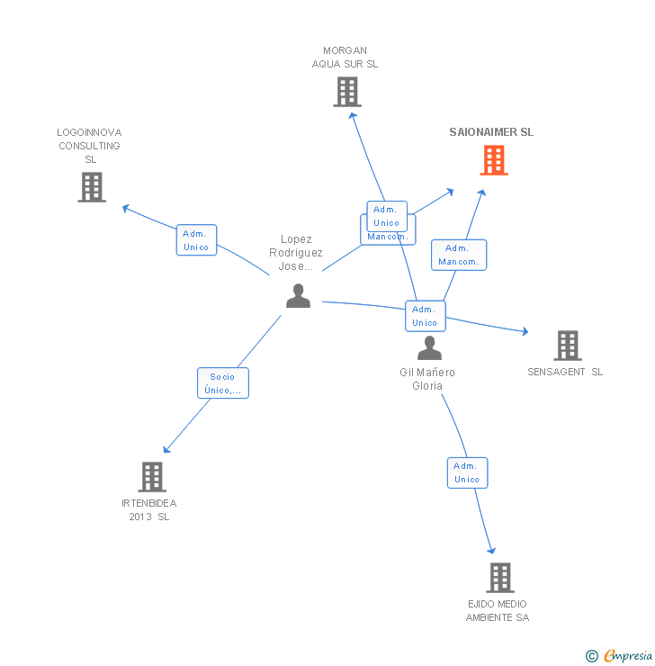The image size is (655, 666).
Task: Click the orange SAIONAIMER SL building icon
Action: (x=493, y=160)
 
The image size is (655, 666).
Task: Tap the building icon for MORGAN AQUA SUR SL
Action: (x=347, y=92)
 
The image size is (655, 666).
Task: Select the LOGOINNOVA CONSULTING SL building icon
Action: (x=92, y=187)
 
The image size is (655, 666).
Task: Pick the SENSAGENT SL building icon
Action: (x=567, y=346)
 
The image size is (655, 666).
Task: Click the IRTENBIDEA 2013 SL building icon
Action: (x=152, y=477)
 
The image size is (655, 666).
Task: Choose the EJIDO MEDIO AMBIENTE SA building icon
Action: (x=499, y=578)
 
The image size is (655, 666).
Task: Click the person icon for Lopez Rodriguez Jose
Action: (x=298, y=295)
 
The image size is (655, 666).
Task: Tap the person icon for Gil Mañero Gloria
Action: (x=430, y=348)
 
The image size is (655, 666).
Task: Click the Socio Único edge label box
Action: (x=223, y=383)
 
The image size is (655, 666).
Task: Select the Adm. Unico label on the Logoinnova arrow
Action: (x=196, y=240)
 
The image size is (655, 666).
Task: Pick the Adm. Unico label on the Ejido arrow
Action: (x=467, y=472)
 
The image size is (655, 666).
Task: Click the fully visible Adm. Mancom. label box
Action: (x=459, y=255)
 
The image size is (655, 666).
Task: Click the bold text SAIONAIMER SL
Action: (x=491, y=132)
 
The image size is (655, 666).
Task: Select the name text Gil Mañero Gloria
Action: (x=427, y=379)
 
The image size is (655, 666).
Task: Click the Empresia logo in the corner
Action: (x=628, y=656)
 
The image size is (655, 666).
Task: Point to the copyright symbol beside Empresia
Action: (x=592, y=656)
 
